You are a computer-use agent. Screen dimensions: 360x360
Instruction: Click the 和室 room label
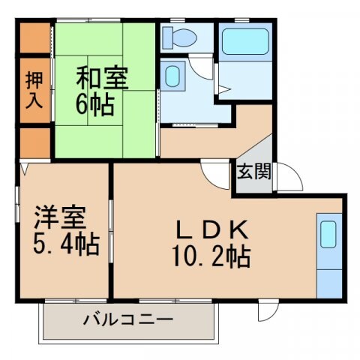tap(102, 76)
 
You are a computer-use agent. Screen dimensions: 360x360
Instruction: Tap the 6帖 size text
tap(97, 103)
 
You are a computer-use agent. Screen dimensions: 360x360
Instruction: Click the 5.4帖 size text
tap(65, 245)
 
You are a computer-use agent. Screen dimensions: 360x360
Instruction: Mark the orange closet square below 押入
tap(33, 142)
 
